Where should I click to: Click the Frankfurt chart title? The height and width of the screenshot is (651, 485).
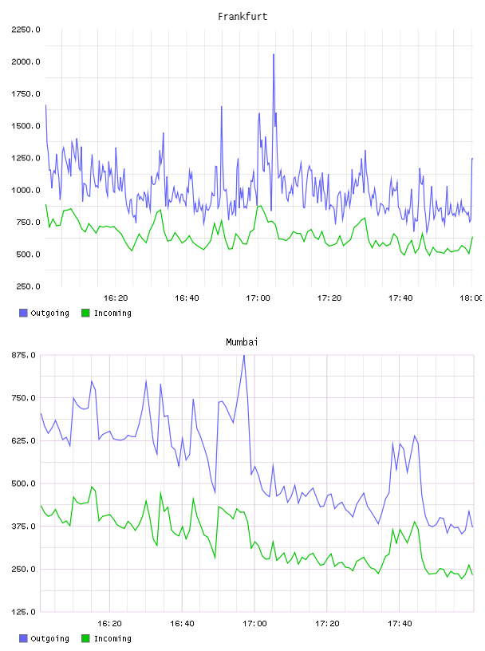pyautogui.click(x=242, y=17)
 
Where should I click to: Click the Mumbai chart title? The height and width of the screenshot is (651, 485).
pyautogui.click(x=242, y=342)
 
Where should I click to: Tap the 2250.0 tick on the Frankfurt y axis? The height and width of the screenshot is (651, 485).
pyautogui.click(x=26, y=30)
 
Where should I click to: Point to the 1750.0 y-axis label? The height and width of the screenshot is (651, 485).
pyautogui.click(x=26, y=94)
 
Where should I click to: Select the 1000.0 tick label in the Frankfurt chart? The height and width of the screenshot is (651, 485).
pyautogui.click(x=26, y=190)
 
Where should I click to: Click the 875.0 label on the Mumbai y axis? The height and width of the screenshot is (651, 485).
pyautogui.click(x=24, y=355)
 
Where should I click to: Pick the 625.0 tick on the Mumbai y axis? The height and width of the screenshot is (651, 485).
pyautogui.click(x=24, y=440)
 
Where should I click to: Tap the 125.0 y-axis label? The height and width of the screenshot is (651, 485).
pyautogui.click(x=24, y=612)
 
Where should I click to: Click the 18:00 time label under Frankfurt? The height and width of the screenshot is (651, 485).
pyautogui.click(x=471, y=298)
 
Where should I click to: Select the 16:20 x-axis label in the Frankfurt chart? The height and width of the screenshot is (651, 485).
pyautogui.click(x=116, y=298)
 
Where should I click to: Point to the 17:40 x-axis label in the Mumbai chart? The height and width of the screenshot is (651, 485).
pyautogui.click(x=400, y=624)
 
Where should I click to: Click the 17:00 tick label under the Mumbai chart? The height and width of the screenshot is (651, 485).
pyautogui.click(x=254, y=624)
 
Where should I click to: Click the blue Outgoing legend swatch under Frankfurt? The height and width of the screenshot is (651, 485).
pyautogui.click(x=23, y=313)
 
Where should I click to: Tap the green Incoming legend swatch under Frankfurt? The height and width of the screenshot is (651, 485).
pyautogui.click(x=85, y=313)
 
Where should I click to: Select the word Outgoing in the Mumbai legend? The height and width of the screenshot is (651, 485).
pyautogui.click(x=49, y=638)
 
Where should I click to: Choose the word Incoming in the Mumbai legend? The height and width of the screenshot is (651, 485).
pyautogui.click(x=112, y=638)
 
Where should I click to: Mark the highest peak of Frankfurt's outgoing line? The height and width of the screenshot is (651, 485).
pyautogui.click(x=274, y=54)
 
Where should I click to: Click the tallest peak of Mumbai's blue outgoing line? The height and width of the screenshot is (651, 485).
pyautogui.click(x=244, y=355)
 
